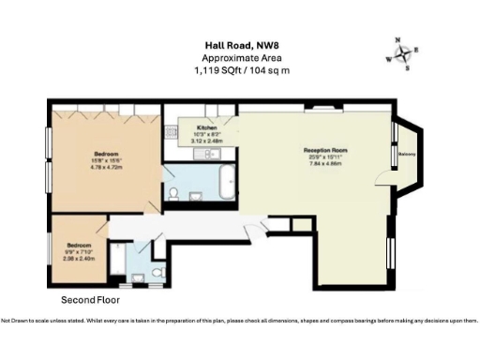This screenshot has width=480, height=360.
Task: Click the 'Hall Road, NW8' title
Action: [x=239, y=43]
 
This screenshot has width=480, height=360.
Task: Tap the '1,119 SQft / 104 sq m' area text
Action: [x=239, y=70]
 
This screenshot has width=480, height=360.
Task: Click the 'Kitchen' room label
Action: [x=207, y=127]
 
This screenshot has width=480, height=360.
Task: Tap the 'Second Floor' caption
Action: [x=90, y=300]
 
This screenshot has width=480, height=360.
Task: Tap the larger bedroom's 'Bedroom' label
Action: [x=105, y=152]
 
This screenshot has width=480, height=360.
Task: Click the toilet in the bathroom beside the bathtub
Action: [x=175, y=194]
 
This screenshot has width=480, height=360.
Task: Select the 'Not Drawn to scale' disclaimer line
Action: [x=239, y=322]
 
